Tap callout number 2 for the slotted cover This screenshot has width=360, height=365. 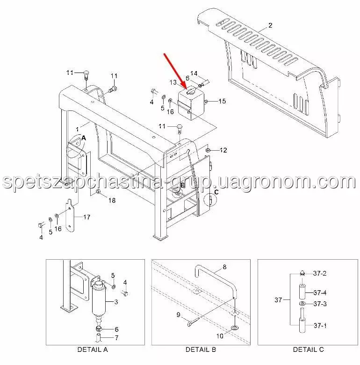coord(270,25)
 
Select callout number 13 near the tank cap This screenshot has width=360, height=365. coord(173,82)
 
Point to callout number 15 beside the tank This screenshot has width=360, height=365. coord(222,101)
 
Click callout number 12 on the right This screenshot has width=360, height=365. coord(223,150)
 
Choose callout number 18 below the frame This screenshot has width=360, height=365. coord(112,200)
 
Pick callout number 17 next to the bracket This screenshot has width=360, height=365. coord(87,217)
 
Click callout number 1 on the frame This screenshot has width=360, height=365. coord(78,130)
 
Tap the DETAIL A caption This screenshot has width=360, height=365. coord(93,350)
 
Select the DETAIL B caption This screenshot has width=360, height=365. coord(201,350)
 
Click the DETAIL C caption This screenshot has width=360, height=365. coord(309,350)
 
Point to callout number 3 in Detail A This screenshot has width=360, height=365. coord(116,302)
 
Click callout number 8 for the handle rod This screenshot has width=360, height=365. coord(224,267)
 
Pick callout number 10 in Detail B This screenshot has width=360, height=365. coord(220,336)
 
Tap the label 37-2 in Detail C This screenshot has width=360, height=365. coord(320,273)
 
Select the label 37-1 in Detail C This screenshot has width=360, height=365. coord(320,325)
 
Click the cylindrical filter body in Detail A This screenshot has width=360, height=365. coord(99,300)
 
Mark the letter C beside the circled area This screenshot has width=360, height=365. coord(216,192)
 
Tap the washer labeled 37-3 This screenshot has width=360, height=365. coord(302,304)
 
